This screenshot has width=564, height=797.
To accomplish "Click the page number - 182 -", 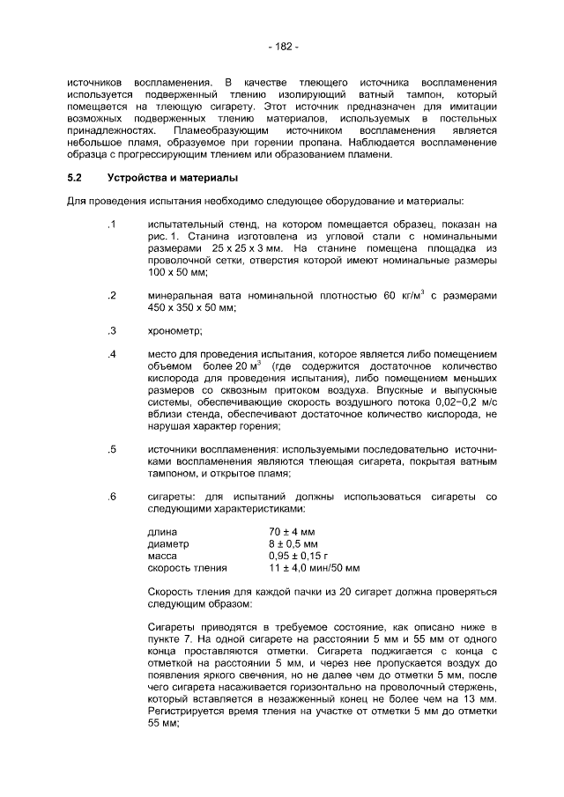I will coord(282,46).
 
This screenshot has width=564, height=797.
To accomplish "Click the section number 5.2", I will coord(75,178).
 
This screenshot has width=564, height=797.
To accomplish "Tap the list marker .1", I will coord(112,225).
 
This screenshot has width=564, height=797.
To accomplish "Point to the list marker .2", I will coord(112,296).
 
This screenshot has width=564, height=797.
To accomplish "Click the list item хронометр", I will coord(175,331).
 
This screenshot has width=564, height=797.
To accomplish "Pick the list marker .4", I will coord(112,354).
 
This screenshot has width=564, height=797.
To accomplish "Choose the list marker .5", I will coord(112,450).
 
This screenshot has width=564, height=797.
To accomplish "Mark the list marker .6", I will coord(112,497).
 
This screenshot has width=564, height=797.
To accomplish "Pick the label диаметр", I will coord(168,544).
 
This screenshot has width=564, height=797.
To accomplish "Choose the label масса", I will coord(163,556).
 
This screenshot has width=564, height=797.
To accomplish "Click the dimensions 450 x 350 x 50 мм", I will coord(191,308).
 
